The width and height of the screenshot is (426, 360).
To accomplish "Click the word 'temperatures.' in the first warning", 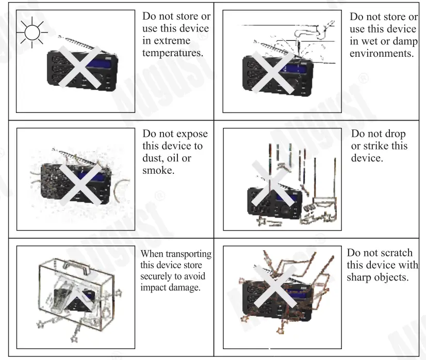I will pos(172,54).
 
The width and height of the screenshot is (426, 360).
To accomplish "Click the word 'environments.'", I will pos(382,54).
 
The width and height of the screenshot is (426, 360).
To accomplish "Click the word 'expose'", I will pos(189,134).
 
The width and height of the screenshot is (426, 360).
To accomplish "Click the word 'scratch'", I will pos(396,253).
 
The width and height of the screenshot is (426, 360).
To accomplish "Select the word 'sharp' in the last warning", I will pos(361,277).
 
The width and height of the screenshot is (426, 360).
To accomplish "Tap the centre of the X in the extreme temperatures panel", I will pos(79,66).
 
